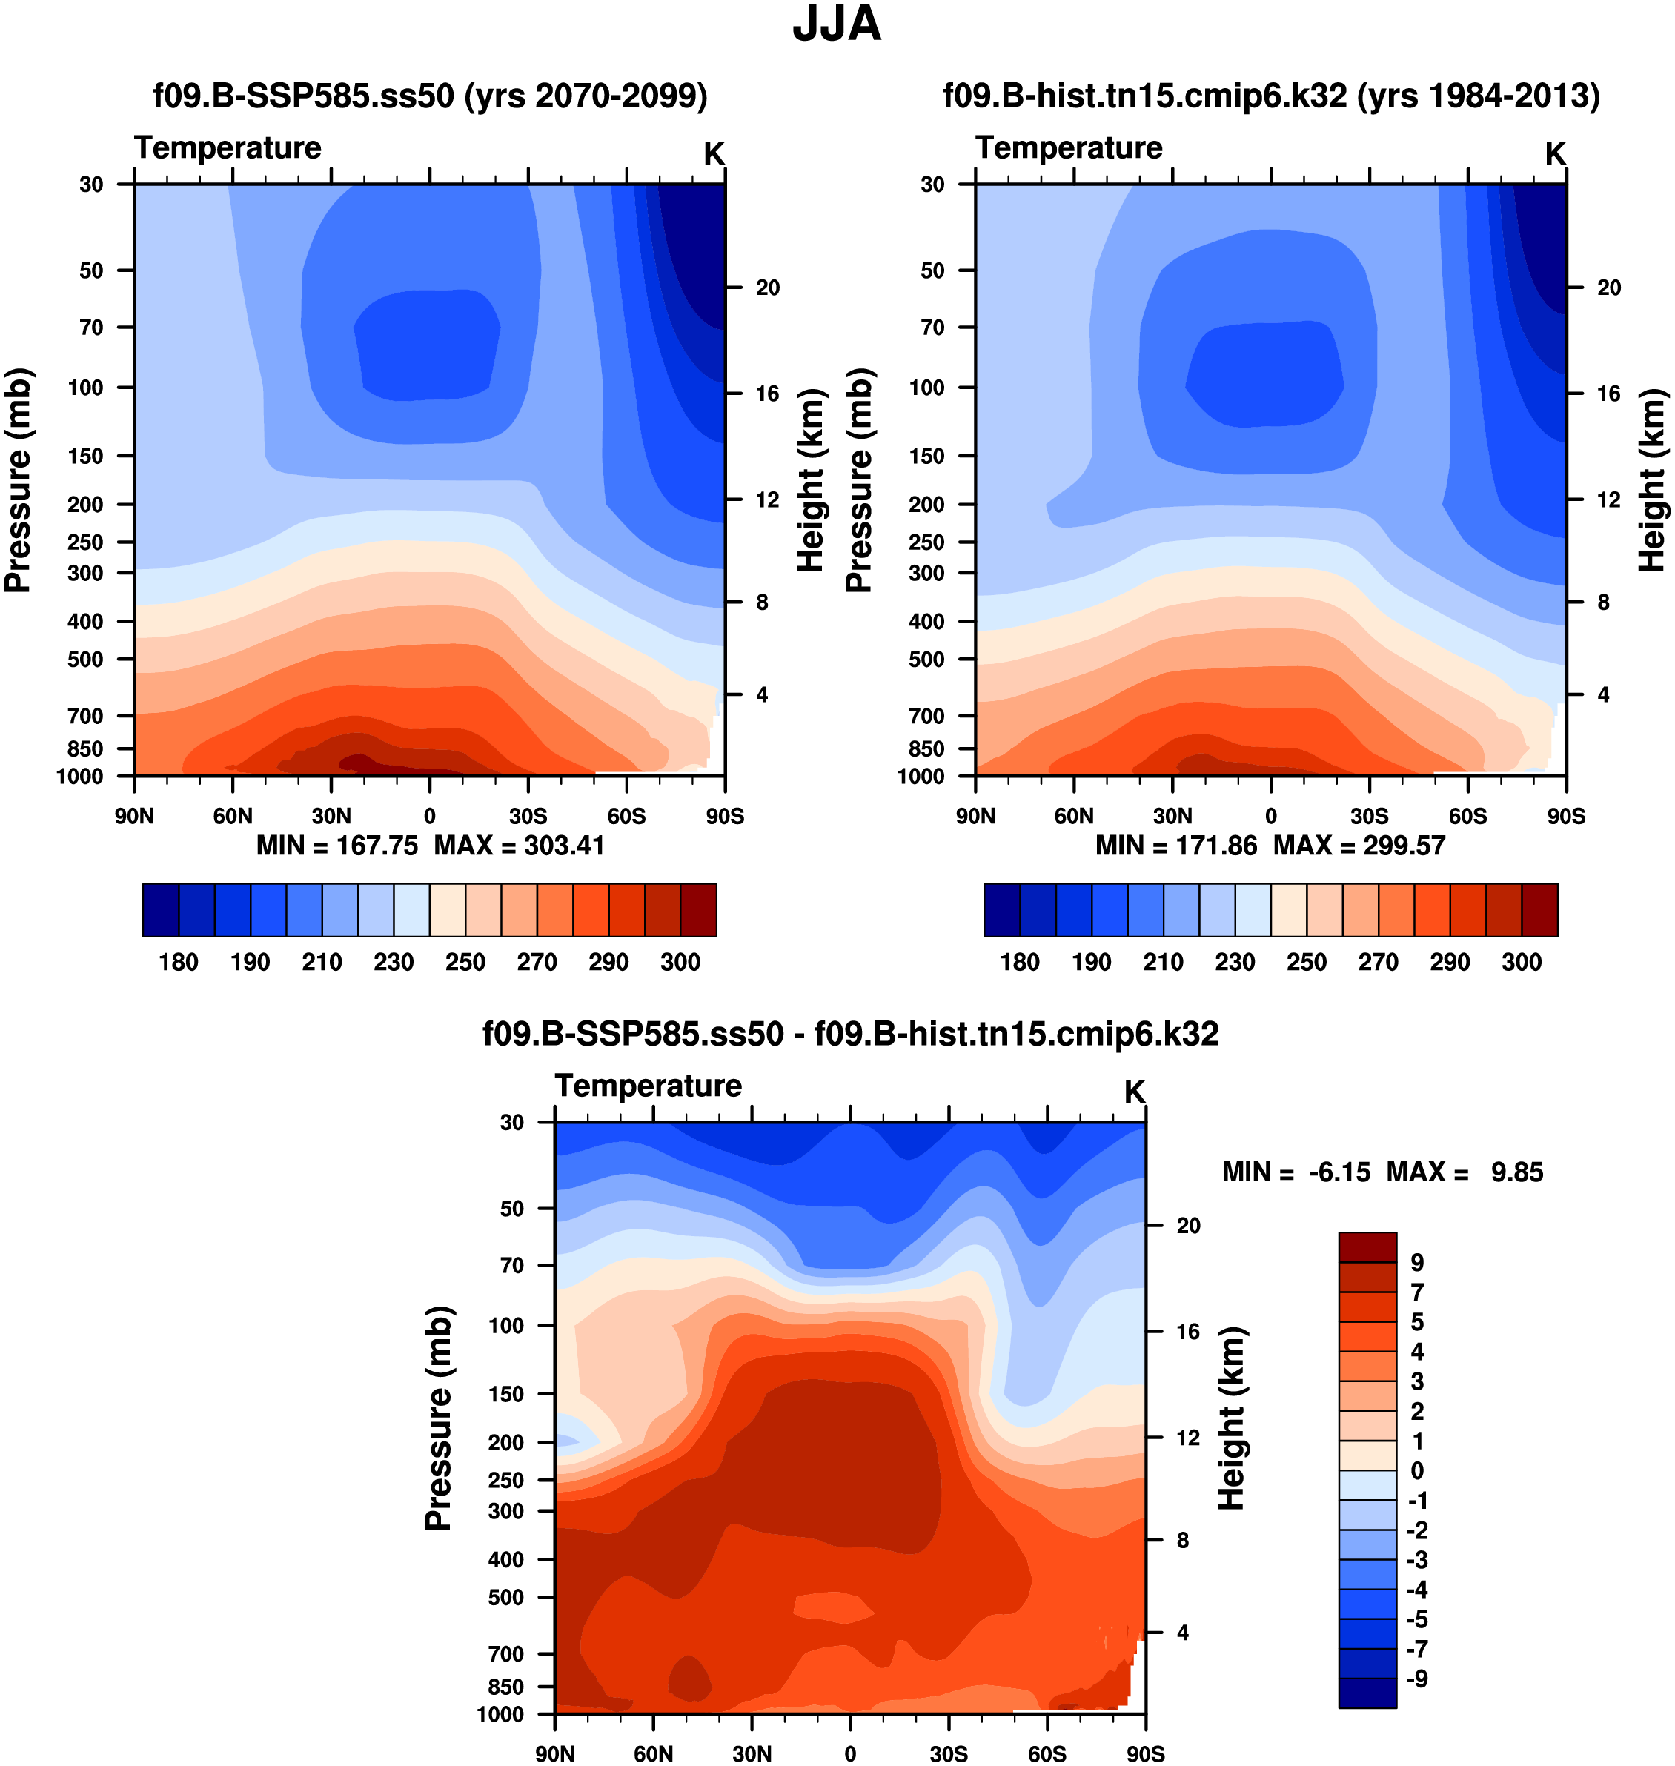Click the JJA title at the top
pyautogui.click(x=837, y=24)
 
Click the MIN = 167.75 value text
pyautogui.click(x=336, y=845)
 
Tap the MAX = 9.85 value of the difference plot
pyautogui.click(x=1465, y=1172)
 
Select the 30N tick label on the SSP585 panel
pyautogui.click(x=331, y=815)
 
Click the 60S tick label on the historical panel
pyautogui.click(x=1467, y=815)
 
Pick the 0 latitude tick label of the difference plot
pyautogui.click(x=850, y=1753)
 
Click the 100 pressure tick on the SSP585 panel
pyautogui.click(x=86, y=388)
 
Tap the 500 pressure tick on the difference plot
pyautogui.click(x=505, y=1596)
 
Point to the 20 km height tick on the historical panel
pyautogui.click(x=1608, y=288)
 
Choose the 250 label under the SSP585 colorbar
pyautogui.click(x=465, y=962)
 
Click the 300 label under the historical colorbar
pyautogui.click(x=1522, y=962)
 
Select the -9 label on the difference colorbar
pyautogui.click(x=1417, y=1679)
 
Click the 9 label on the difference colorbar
pyautogui.click(x=1417, y=1263)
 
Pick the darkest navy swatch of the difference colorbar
pyautogui.click(x=1367, y=1693)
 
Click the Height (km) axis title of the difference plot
pyautogui.click(x=1231, y=1418)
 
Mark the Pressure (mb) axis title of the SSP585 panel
pyautogui.click(x=18, y=480)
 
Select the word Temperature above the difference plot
pyautogui.click(x=649, y=1086)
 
